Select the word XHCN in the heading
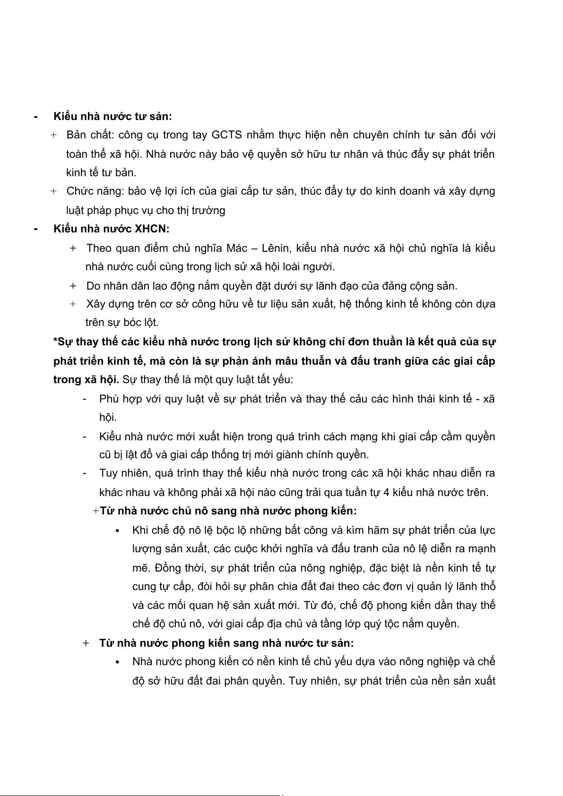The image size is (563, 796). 151,229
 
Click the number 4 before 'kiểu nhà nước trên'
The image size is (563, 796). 386,493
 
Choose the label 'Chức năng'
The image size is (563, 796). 94,191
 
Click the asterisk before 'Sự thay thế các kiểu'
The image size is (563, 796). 55,341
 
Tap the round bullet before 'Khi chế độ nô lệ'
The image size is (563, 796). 118,531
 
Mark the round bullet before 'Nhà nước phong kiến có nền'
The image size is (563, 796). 118,662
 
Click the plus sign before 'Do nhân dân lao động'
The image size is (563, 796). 73,286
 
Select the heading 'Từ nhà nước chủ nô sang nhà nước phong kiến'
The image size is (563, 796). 227,511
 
